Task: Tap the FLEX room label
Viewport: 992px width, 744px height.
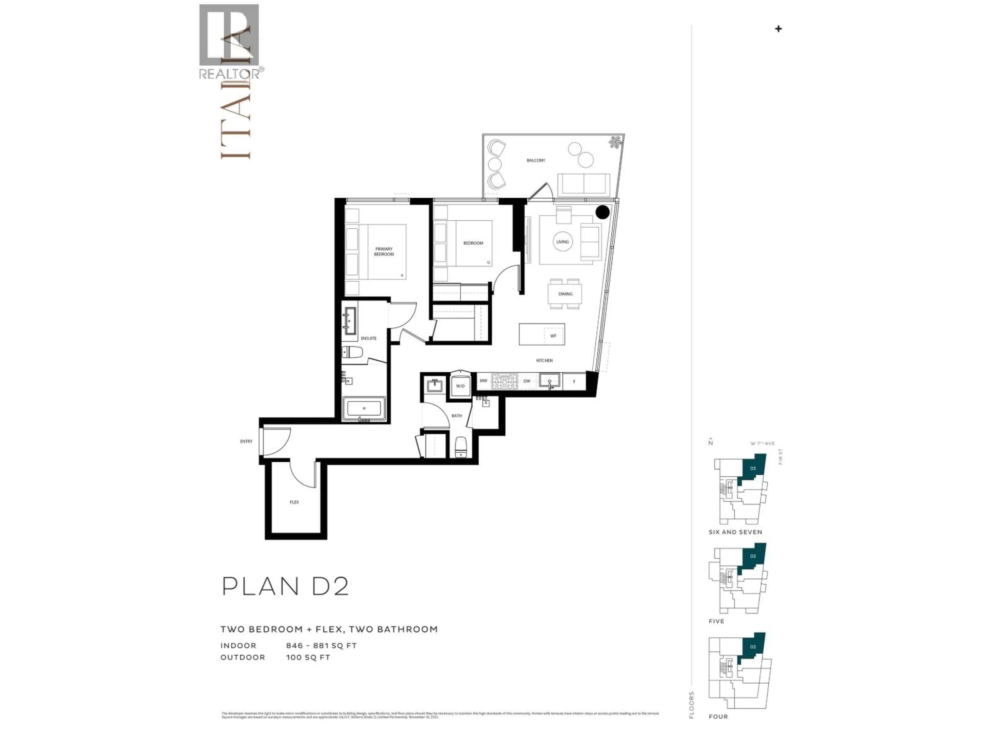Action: coord(294,502)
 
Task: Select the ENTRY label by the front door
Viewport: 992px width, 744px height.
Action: coord(246,441)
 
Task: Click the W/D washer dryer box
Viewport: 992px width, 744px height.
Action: coord(460,386)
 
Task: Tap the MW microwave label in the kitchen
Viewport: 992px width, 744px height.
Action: coord(483,381)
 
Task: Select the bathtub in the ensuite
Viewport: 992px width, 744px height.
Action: coord(364,408)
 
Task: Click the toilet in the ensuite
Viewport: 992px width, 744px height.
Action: coord(352,352)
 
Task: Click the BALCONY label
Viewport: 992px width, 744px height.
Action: coord(536,160)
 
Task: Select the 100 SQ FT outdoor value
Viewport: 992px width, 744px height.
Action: coord(308,657)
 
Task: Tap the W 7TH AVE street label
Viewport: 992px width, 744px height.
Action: coord(762,444)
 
